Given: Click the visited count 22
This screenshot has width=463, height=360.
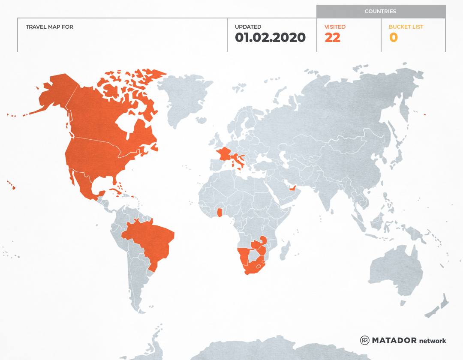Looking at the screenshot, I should tap(332, 38).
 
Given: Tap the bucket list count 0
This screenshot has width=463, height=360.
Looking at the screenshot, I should tap(393, 38).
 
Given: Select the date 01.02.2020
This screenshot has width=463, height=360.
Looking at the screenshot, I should tap(270, 38).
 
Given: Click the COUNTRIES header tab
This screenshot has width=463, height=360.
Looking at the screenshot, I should tap(380, 12).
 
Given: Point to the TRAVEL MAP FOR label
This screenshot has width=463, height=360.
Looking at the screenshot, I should tap(49, 27).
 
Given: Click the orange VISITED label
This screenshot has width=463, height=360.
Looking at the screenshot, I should tap(335, 27).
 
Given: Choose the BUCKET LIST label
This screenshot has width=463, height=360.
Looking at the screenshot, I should tap(406, 27).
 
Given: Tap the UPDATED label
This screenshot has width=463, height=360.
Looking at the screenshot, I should tap(248, 27).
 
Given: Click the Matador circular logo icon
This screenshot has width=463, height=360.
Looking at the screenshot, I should tap(364, 340).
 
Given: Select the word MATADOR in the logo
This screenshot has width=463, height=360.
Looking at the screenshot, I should tap(394, 341).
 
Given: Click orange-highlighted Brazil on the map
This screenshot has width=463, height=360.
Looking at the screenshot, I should tap(150, 242).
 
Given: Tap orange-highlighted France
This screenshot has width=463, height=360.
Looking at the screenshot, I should tap(224, 154).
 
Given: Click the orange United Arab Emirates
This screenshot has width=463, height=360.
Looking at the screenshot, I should tap(293, 189).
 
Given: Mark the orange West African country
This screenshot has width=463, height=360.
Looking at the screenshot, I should tap(220, 212).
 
